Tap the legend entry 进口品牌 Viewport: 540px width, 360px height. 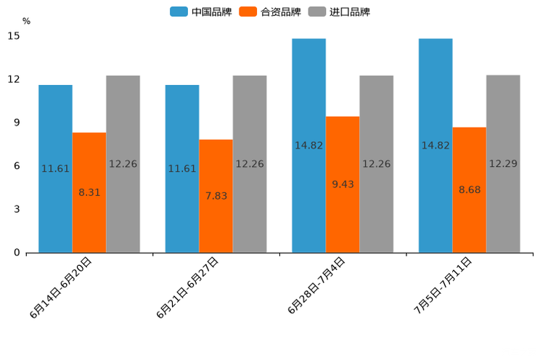tap(339, 12)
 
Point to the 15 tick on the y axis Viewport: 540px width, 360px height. tap(14, 36)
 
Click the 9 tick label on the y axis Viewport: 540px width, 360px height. tap(17, 123)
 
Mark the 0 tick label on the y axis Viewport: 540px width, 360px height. tap(17, 253)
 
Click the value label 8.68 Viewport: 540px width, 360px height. tap(470, 190)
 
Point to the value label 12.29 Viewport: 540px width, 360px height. tap(503, 164)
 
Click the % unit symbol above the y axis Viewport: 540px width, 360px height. tap(26, 21)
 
